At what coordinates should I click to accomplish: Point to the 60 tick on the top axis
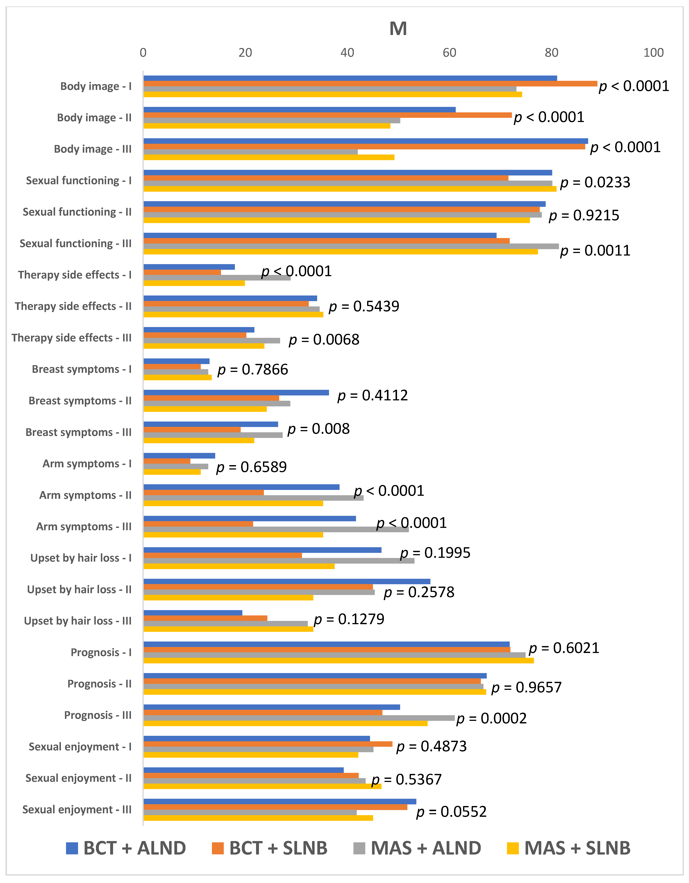click(449, 53)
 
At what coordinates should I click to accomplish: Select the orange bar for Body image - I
click(370, 84)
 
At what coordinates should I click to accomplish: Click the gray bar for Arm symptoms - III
click(276, 529)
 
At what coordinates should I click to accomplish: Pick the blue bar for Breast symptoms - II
click(236, 393)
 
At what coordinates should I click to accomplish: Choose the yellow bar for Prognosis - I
click(338, 661)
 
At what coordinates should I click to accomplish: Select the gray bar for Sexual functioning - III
click(351, 246)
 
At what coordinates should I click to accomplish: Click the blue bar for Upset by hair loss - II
click(287, 581)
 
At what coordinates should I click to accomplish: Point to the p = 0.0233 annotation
click(595, 182)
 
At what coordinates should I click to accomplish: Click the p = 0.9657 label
click(527, 687)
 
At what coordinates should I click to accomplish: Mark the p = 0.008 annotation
click(318, 429)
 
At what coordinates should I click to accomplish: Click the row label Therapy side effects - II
click(73, 306)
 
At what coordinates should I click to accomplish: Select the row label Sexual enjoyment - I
click(80, 747)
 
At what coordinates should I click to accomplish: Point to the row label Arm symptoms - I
click(87, 464)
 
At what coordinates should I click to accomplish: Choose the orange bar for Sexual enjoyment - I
click(268, 744)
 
